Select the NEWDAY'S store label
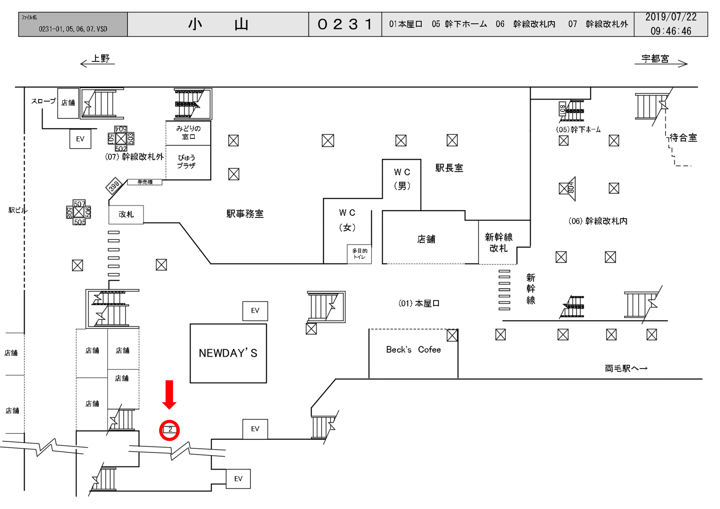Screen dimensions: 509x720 click(x=228, y=353)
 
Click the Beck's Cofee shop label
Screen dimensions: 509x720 click(x=413, y=349)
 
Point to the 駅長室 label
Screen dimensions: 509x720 click(x=449, y=168)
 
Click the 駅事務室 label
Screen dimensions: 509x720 click(x=245, y=214)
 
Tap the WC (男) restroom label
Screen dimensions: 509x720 click(x=402, y=179)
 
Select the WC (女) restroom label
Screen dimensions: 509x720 click(x=347, y=220)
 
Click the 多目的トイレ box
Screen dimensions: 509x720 click(x=359, y=254)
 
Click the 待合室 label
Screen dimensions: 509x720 click(x=683, y=138)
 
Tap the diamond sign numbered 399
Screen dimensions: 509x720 click(x=114, y=186)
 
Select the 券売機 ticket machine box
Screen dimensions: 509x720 click(x=145, y=182)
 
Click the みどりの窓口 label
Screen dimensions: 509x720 click(x=188, y=133)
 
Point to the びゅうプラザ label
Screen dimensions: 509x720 click(x=186, y=162)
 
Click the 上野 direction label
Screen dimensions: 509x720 click(x=100, y=59)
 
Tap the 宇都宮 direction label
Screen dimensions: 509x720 click(x=655, y=59)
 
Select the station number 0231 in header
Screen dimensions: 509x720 click(x=345, y=24)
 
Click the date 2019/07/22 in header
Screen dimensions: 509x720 click(x=671, y=17)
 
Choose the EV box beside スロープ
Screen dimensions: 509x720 click(x=80, y=139)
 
